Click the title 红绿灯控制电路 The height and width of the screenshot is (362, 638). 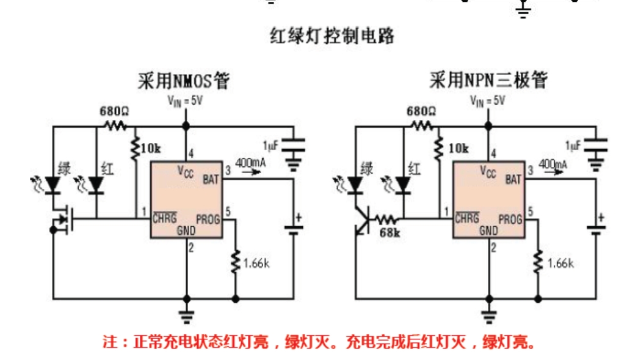click(332, 36)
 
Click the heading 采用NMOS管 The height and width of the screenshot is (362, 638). click(184, 80)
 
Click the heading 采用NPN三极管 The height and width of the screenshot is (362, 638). click(488, 80)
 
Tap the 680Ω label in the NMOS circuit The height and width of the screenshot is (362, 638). click(114, 111)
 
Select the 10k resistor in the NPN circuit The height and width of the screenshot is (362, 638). click(438, 148)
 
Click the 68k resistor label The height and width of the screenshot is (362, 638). click(390, 233)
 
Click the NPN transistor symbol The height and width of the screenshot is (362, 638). click(362, 221)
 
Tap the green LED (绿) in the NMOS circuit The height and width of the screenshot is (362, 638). click(53, 184)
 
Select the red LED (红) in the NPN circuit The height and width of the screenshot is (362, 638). click(403, 185)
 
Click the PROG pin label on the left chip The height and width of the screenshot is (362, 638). click(208, 220)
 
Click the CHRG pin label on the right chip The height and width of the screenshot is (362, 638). click(467, 218)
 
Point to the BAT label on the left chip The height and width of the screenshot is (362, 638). click(211, 179)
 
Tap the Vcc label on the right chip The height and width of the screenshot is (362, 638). click(488, 172)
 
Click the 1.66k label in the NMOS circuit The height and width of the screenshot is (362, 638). click(256, 264)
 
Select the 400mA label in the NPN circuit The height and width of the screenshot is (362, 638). click(553, 164)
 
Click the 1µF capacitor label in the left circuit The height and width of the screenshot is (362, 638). click(270, 146)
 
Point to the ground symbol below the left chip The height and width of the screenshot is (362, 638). click(187, 317)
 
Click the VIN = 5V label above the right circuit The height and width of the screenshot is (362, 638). click(487, 100)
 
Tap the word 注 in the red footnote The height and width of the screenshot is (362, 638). click(110, 342)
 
